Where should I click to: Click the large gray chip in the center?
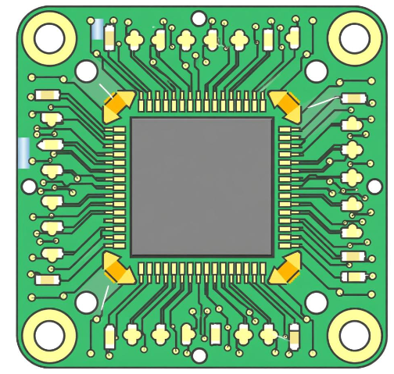click(202, 187)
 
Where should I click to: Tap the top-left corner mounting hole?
click(49, 37)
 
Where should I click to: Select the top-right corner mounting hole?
click(353, 37)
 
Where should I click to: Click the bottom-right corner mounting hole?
click(353, 335)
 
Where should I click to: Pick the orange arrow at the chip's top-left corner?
click(118, 105)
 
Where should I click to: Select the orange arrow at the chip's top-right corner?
click(286, 105)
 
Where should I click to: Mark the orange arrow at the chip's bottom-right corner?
click(285, 269)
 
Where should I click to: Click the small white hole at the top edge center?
click(199, 19)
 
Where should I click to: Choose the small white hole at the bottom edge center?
click(199, 355)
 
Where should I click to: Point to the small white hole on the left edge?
click(29, 186)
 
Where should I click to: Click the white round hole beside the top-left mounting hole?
click(86, 72)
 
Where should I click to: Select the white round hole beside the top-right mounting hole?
click(316, 72)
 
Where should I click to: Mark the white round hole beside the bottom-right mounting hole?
click(316, 302)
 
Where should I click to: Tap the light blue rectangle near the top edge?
click(98, 30)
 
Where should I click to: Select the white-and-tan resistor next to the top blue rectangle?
click(109, 35)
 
